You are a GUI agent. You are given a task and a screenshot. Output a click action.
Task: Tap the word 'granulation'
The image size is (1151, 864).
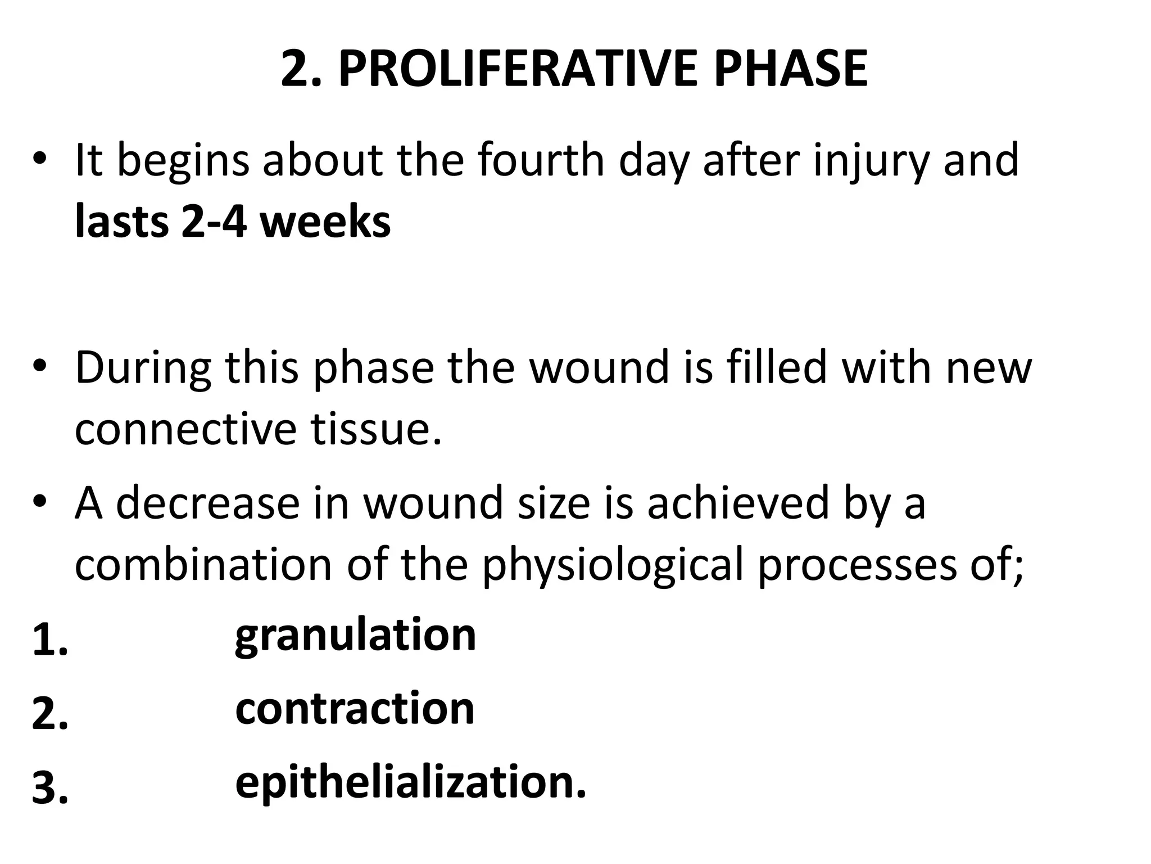355,636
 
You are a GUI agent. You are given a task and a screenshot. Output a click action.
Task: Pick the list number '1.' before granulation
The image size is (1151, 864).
50,641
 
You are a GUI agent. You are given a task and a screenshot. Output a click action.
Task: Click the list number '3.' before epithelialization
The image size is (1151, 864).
50,789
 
